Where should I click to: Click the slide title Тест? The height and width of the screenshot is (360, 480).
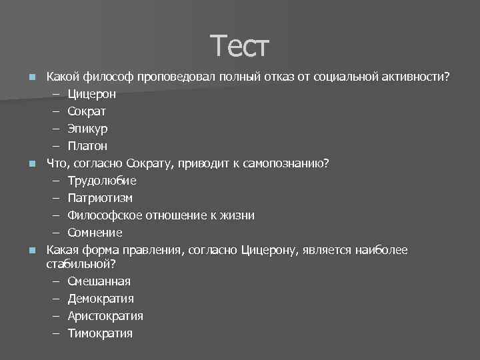click(239, 47)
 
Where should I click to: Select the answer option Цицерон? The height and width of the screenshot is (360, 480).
click(95, 93)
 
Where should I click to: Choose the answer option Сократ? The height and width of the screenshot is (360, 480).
click(87, 111)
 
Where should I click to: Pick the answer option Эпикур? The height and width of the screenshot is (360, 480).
click(87, 128)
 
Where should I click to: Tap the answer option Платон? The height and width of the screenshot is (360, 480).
click(87, 145)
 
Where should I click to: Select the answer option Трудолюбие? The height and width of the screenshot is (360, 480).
click(102, 181)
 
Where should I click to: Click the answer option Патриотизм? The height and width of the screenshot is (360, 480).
click(100, 198)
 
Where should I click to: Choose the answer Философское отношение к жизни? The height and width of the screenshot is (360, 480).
click(161, 215)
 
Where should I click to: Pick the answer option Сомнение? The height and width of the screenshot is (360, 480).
click(95, 233)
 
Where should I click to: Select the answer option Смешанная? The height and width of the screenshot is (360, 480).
click(99, 281)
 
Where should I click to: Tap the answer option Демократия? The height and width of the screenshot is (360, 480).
click(101, 298)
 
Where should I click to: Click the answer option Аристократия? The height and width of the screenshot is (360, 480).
click(105, 315)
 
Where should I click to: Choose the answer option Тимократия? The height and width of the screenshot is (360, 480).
click(100, 333)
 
